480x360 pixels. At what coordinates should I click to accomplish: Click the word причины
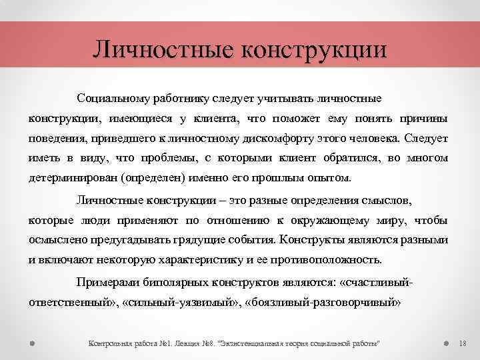point(425,119)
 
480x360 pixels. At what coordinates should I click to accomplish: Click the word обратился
point(357,159)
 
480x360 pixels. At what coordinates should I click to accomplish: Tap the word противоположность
point(325,260)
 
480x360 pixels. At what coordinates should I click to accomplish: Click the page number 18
point(464,343)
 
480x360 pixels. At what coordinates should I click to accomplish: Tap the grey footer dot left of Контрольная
point(32,343)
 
